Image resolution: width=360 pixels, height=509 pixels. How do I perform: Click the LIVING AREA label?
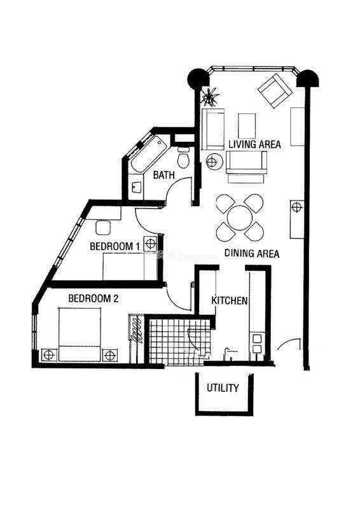(x=254, y=144)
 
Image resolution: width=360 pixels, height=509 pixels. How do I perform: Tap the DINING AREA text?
(x=252, y=253)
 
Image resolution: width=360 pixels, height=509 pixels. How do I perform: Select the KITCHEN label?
(x=230, y=300)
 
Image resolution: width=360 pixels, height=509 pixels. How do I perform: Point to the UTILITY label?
(x=223, y=387)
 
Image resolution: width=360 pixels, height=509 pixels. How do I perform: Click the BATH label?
(x=164, y=176)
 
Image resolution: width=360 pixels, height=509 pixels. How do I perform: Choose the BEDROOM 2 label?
(x=93, y=298)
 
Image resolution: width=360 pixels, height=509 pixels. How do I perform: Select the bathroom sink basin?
(x=136, y=187)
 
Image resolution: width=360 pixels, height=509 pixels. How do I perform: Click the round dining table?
(x=240, y=218)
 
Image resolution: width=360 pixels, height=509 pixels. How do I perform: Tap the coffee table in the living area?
(x=247, y=125)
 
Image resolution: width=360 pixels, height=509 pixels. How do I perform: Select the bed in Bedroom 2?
(x=80, y=335)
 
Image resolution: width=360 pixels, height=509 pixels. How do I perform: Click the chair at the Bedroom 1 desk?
(x=103, y=228)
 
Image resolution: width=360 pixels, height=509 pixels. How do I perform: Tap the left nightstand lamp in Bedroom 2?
(x=49, y=355)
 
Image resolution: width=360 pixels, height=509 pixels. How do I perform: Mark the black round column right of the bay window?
(x=308, y=79)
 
